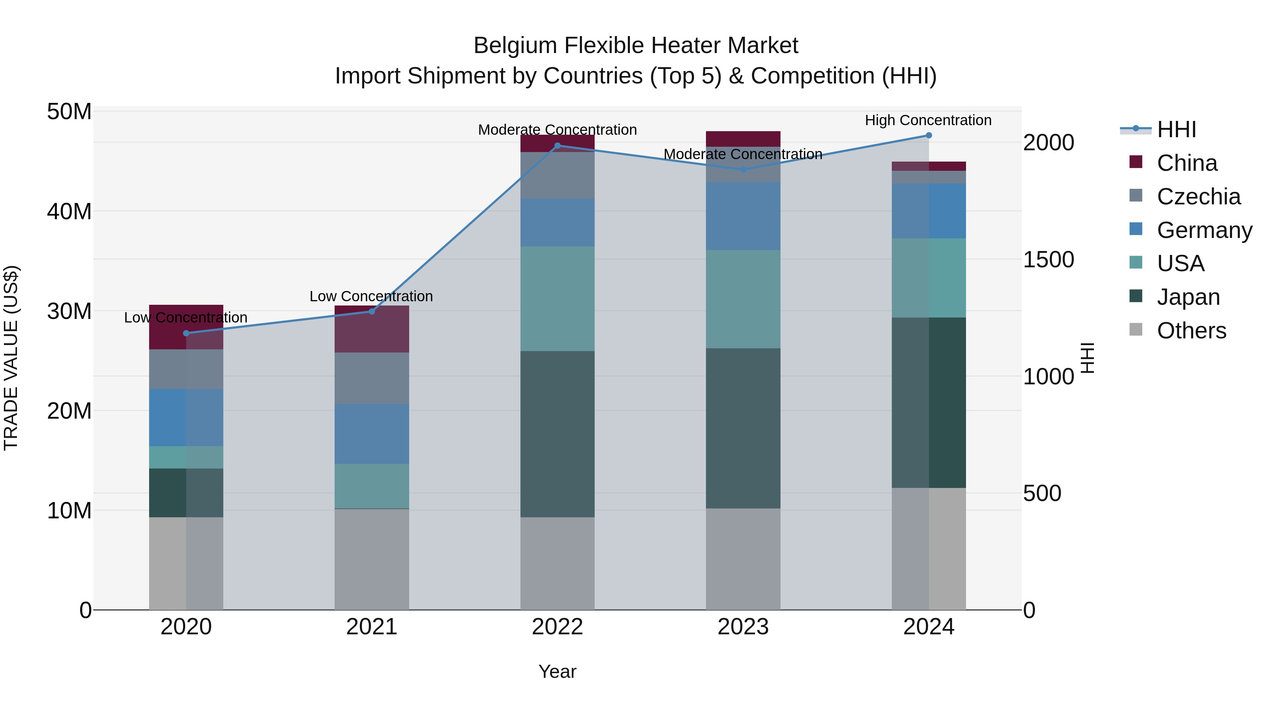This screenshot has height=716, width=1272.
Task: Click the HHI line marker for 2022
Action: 558,146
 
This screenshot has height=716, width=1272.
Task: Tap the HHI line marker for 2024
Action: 929,135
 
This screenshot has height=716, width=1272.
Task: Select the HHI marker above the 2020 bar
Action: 186,333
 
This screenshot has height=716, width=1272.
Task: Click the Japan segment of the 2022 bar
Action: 558,434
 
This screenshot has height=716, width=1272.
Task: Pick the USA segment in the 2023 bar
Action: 743,299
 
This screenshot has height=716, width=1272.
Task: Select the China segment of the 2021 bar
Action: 372,329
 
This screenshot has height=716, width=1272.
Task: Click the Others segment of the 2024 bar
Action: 929,548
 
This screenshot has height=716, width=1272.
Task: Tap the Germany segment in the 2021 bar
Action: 372,434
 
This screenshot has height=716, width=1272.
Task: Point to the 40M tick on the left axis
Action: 69,211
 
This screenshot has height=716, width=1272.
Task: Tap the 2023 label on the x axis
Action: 743,627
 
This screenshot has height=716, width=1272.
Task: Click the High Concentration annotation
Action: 928,120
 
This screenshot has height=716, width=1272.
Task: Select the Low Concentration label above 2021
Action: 371,297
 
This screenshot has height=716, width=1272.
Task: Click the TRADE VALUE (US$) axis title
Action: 11,358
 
